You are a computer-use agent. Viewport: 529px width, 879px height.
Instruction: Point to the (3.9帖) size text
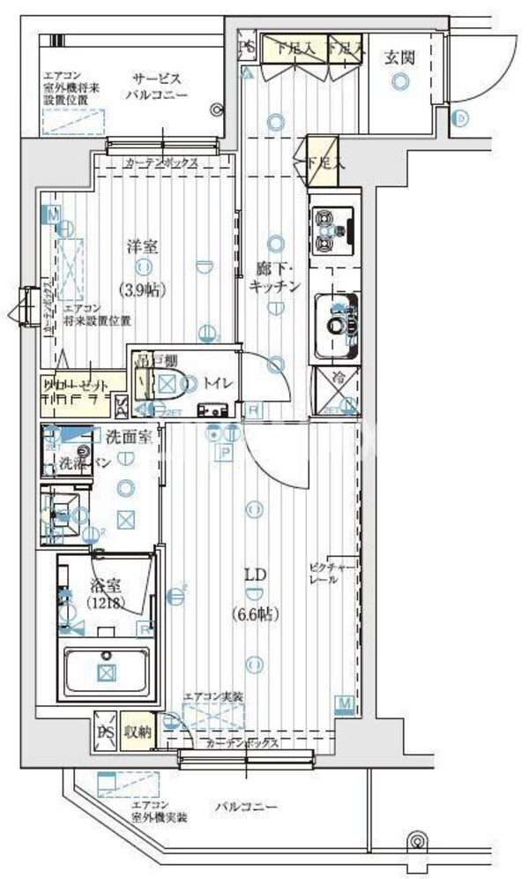click(x=143, y=289)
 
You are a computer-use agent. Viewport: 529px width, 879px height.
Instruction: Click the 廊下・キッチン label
click(x=276, y=277)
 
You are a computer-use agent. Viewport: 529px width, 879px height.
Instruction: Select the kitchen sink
click(x=335, y=324)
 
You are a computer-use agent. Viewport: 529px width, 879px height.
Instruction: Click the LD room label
click(x=256, y=575)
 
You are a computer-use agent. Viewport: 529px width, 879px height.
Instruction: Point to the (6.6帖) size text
click(x=256, y=613)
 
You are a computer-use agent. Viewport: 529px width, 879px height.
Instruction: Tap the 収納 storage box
click(x=137, y=731)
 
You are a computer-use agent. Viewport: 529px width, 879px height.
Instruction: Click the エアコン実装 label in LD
click(x=213, y=696)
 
